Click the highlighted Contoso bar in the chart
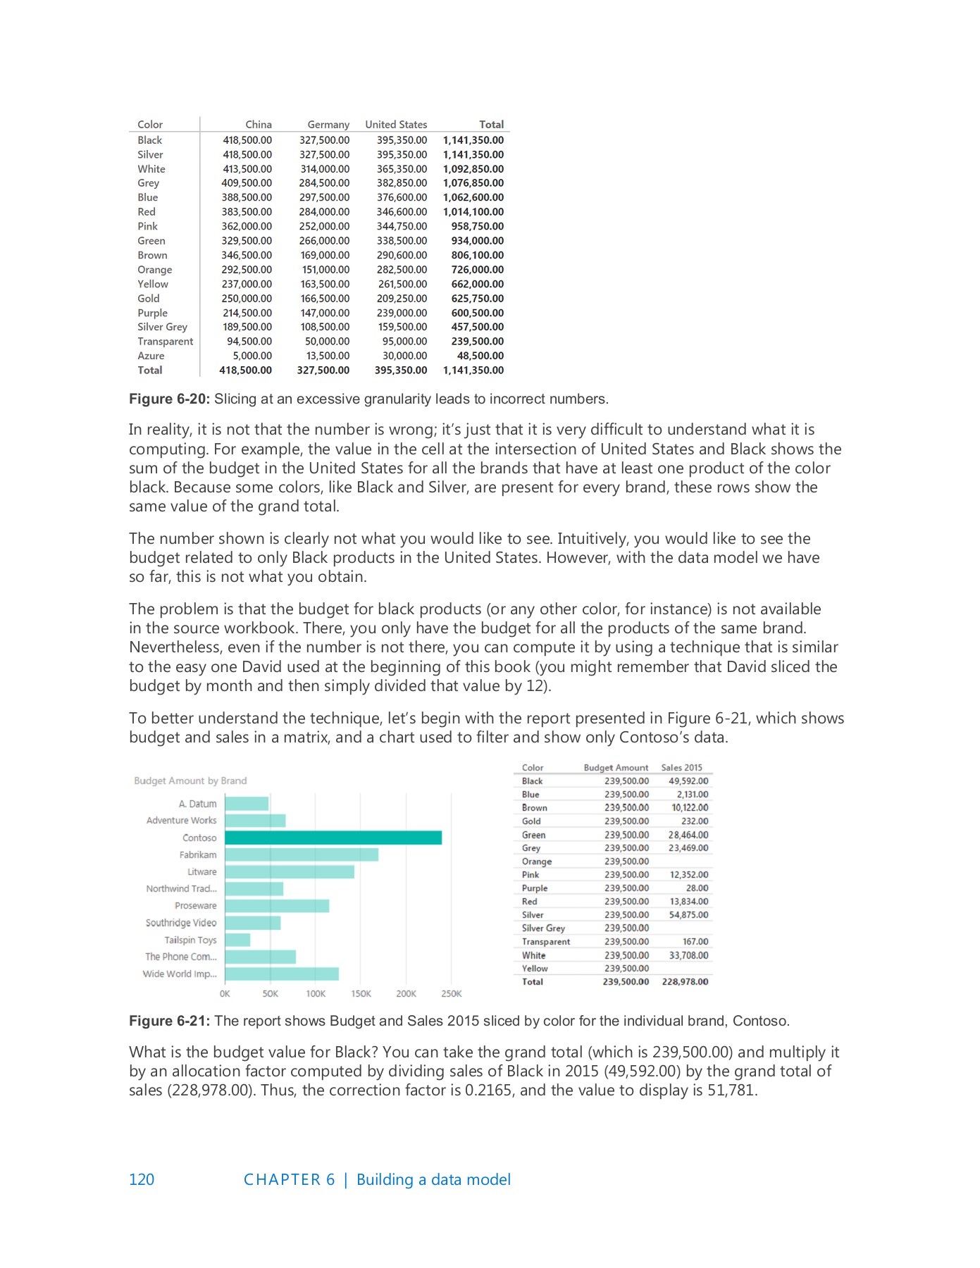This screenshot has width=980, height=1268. (x=333, y=838)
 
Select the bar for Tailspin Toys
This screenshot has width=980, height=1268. (x=237, y=940)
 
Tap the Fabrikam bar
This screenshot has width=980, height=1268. (x=302, y=854)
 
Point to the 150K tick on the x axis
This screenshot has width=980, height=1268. (x=361, y=994)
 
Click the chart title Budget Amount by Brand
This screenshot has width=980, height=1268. (x=190, y=781)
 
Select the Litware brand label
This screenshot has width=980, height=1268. (x=202, y=871)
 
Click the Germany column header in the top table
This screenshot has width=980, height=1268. (x=328, y=125)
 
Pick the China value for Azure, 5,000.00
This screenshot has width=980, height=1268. (x=252, y=356)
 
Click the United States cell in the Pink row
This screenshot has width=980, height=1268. (x=402, y=226)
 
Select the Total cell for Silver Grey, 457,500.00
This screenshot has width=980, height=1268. (x=477, y=327)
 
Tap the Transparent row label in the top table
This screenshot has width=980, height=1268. (x=165, y=342)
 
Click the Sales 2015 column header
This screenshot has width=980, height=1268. (x=681, y=768)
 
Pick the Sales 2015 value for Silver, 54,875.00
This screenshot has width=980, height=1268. (x=688, y=915)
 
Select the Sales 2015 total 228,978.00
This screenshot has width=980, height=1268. (x=685, y=982)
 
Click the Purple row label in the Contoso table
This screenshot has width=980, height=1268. (x=535, y=888)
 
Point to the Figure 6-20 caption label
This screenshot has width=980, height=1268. (x=169, y=399)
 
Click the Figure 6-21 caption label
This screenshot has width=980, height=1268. (x=169, y=1021)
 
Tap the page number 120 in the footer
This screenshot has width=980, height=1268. (x=142, y=1180)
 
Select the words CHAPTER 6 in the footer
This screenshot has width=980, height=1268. (x=289, y=1180)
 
